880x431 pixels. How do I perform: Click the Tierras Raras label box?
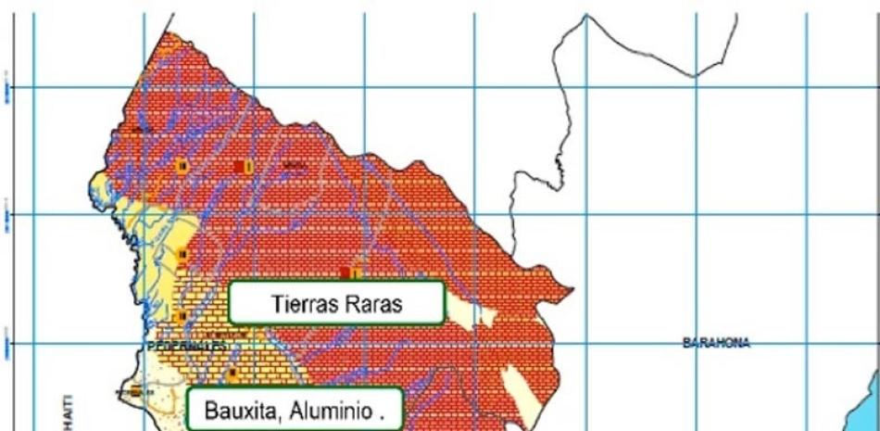(x=337, y=303)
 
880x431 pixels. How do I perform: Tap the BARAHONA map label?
(x=716, y=343)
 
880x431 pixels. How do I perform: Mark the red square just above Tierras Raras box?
(x=345, y=273)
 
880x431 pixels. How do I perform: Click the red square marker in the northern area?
(x=240, y=166)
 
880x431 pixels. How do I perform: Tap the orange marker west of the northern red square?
(x=182, y=165)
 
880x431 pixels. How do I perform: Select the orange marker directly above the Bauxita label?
(x=233, y=373)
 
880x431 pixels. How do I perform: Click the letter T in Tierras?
(x=277, y=304)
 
